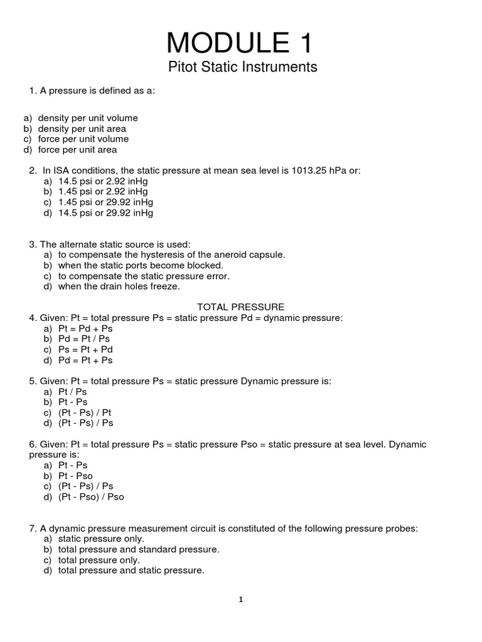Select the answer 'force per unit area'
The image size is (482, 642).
tap(77, 150)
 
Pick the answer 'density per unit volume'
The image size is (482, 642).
tap(87, 118)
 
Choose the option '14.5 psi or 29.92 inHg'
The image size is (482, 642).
tap(105, 213)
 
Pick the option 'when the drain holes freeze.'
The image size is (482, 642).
tap(119, 287)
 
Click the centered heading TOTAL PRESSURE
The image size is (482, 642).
tap(241, 307)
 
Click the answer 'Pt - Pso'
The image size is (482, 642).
tap(75, 476)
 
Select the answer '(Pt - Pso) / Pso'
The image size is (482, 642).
tap(91, 497)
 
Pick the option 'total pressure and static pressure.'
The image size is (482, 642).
tap(131, 571)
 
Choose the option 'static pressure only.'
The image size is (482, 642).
tap(100, 539)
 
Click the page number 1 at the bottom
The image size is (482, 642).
tap(241, 599)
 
